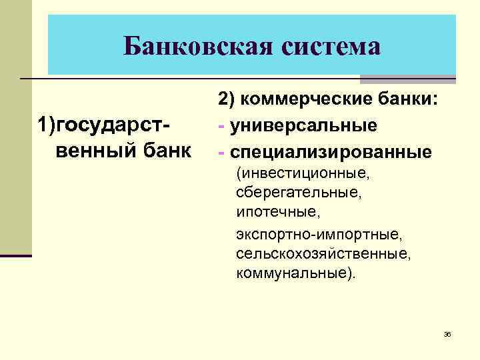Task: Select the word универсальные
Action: (303, 125)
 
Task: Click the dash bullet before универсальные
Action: (221, 125)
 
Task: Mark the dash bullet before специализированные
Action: (221, 152)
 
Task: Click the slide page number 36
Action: (447, 334)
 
